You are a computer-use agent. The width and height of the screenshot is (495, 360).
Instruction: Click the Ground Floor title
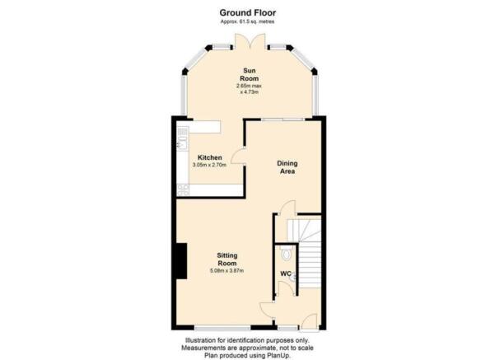coord(247,13)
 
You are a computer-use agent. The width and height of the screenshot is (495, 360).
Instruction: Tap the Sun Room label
coord(250,74)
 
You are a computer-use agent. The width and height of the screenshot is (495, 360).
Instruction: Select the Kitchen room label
coord(210,157)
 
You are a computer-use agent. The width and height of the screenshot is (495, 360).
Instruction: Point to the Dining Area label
coord(287,167)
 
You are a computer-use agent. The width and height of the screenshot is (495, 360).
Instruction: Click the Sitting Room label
coord(227,259)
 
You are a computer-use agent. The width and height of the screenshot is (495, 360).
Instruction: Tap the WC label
coord(286,274)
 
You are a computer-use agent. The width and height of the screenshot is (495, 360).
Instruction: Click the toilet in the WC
coord(287,254)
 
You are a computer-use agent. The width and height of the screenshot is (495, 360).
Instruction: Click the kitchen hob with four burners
coord(183,190)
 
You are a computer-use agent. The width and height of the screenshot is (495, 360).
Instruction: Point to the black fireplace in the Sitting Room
coord(181,261)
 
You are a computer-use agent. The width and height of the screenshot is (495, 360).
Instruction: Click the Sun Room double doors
coord(250,41)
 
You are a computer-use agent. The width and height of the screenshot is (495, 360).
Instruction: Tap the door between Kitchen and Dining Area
coord(238,156)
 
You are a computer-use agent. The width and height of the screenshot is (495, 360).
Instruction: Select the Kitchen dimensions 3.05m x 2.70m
coord(209,165)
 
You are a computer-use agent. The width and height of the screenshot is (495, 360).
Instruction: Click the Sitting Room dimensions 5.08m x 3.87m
coord(227,271)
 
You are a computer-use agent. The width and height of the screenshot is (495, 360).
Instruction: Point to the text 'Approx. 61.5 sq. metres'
coord(247,21)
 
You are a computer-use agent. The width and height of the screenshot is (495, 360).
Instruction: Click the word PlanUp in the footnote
coord(279,355)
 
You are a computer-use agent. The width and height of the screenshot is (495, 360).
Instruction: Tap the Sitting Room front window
coord(222,328)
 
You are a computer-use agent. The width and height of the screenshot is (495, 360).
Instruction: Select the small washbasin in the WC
coord(293,277)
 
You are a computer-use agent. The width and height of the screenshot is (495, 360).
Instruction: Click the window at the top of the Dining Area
coord(283,119)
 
